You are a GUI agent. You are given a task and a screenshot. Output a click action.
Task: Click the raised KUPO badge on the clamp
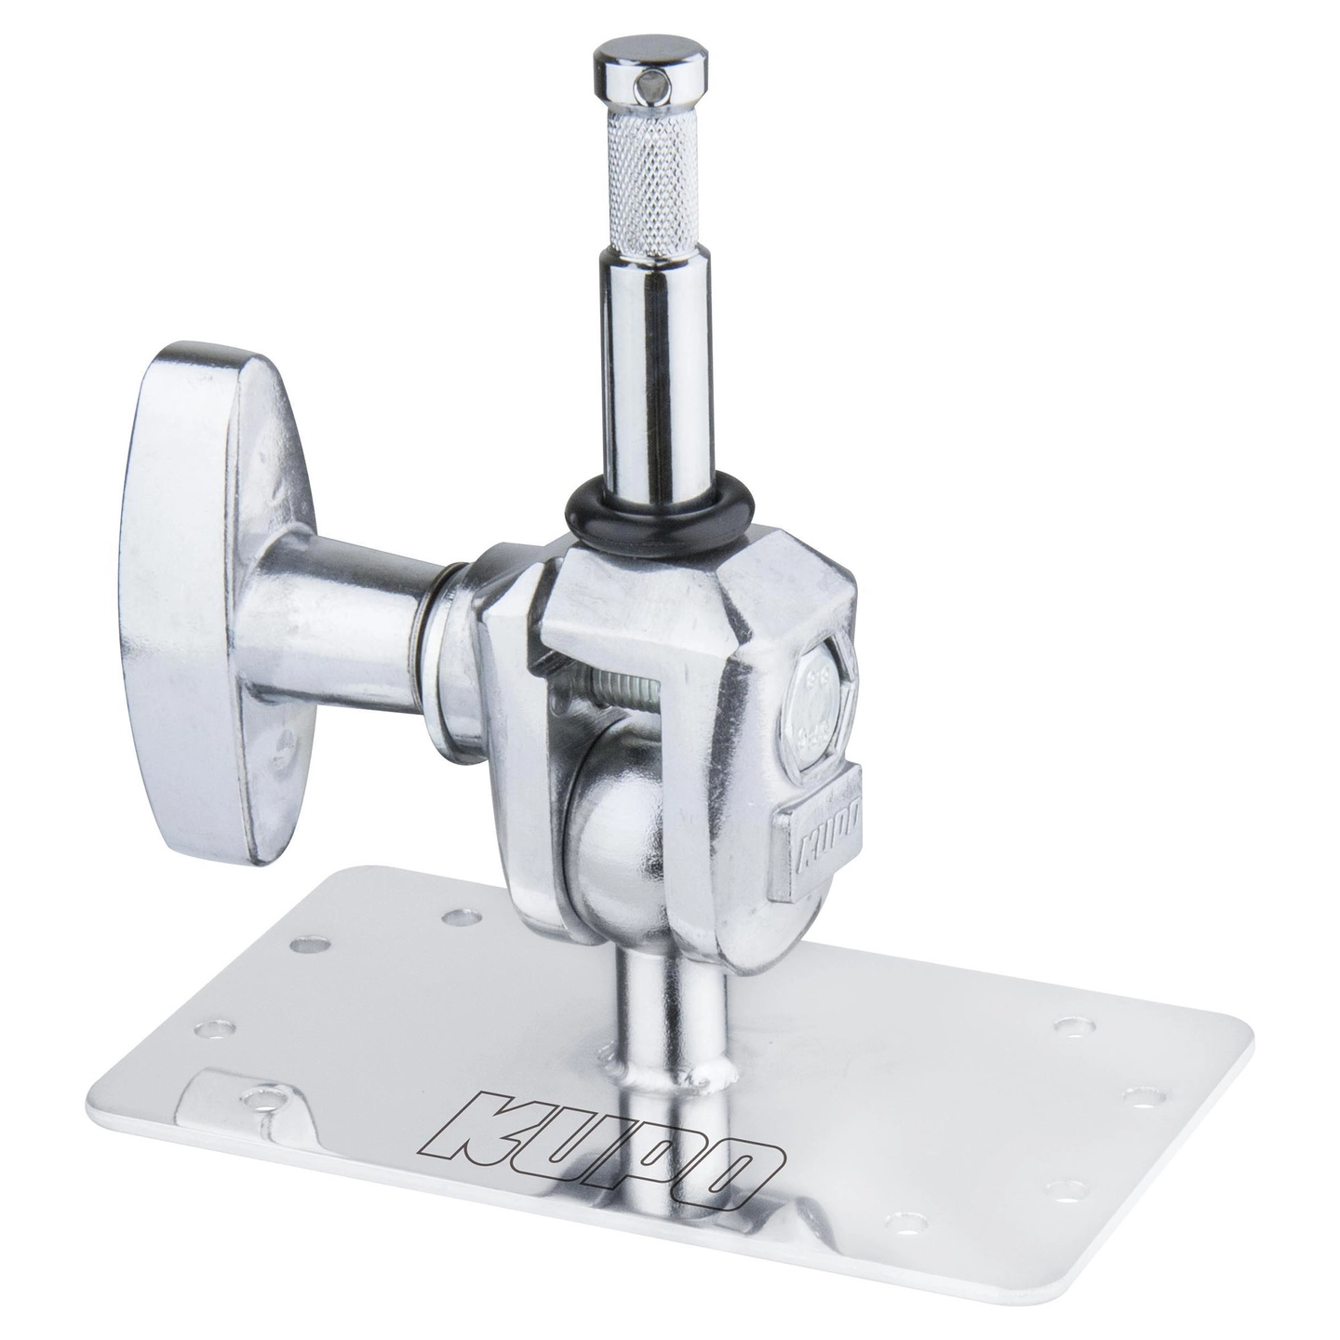[819, 827]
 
